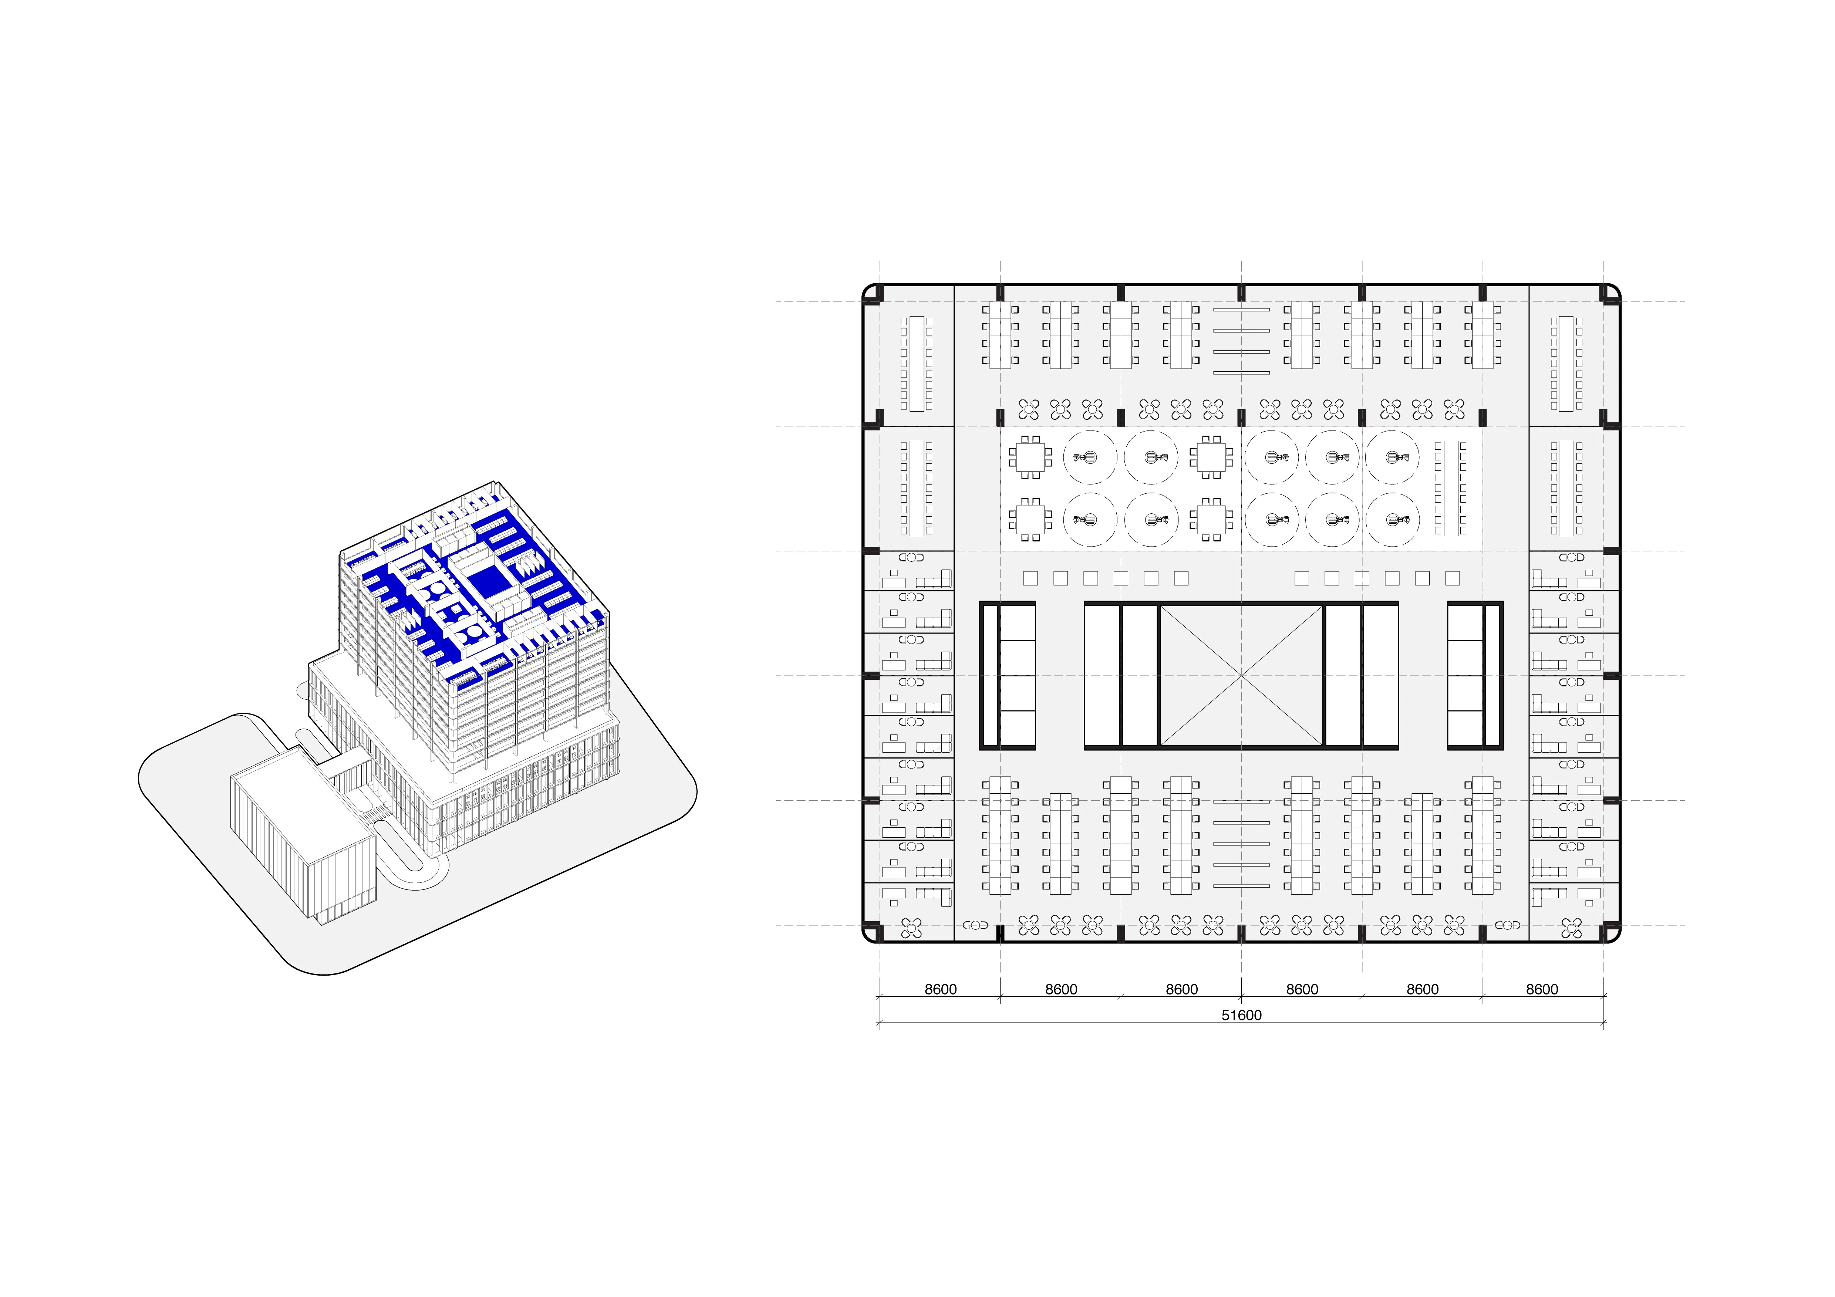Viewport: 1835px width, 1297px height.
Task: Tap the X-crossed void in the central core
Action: coord(1241,675)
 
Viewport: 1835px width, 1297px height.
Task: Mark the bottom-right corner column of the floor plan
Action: coord(1610,933)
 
